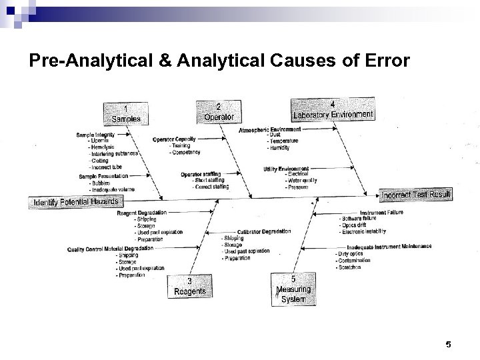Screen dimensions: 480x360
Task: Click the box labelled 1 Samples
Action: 125,113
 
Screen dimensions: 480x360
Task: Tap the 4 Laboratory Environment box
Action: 333,109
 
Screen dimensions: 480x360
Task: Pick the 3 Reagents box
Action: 189,286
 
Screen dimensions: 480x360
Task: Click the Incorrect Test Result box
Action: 416,195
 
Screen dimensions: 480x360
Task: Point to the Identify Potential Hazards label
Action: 75,201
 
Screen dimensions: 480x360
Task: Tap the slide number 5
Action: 448,344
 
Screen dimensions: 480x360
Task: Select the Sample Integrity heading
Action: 96,135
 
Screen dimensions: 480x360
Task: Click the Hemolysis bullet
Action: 101,147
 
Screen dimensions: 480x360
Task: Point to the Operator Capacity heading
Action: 174,139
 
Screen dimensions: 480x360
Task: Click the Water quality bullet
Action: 301,180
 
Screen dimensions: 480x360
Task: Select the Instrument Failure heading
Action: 381,213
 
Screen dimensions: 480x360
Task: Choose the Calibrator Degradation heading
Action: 263,231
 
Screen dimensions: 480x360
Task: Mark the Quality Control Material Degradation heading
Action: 110,249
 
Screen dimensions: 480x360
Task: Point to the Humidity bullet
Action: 281,147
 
